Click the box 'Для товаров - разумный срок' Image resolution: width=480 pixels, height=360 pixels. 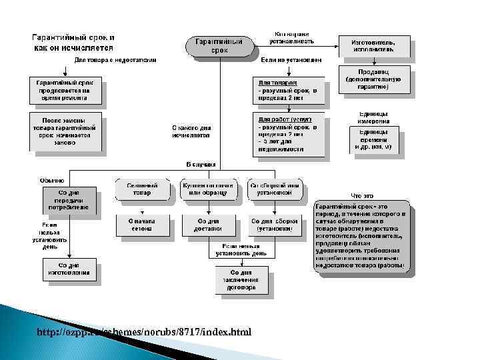[x=291, y=91]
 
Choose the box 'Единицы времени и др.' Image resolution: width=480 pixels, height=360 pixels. [x=373, y=140]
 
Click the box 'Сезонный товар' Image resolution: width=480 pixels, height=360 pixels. [x=142, y=189]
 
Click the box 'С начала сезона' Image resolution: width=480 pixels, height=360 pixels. [x=142, y=225]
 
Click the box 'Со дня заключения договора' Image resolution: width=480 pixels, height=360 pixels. [x=241, y=279]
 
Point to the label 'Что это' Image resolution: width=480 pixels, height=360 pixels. [x=361, y=195]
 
